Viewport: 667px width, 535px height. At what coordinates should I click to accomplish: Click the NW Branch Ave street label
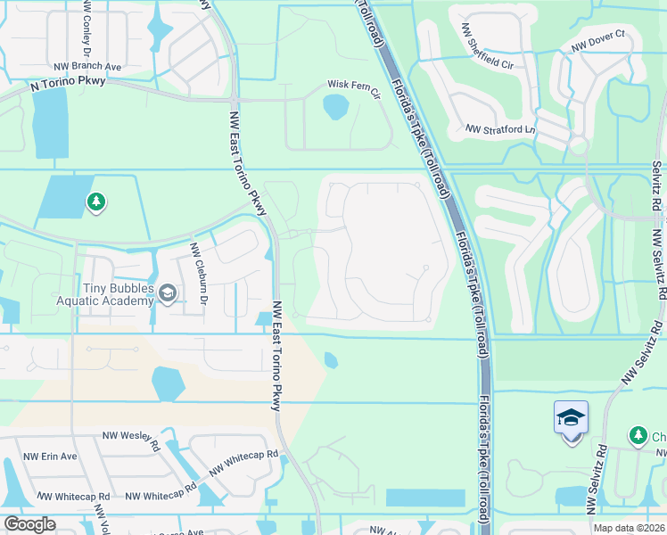point(87,66)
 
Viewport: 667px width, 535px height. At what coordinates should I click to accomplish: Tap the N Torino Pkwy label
point(67,84)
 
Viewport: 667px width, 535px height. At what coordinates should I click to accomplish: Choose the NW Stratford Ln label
point(500,129)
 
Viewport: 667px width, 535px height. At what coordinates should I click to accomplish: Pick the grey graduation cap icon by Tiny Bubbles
point(167,292)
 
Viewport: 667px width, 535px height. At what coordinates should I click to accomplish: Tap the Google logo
point(29,524)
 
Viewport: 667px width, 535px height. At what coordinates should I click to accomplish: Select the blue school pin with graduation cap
point(571,417)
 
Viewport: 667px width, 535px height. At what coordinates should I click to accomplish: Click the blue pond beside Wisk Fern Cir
point(334,108)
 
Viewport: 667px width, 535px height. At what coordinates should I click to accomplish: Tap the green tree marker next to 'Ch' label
point(638,435)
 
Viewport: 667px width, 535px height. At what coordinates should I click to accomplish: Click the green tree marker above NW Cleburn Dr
point(96,203)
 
